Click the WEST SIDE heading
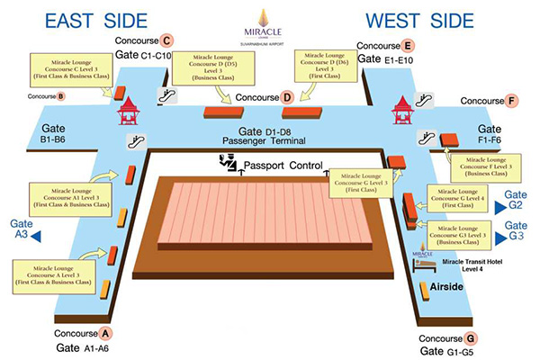420,21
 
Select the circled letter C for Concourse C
166,40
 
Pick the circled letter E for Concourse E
409,45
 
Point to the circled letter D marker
287,97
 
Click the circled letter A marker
106,333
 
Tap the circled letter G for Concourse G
472,338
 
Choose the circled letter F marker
512,101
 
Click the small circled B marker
61,96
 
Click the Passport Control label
283,166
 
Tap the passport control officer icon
229,163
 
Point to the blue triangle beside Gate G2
499,206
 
